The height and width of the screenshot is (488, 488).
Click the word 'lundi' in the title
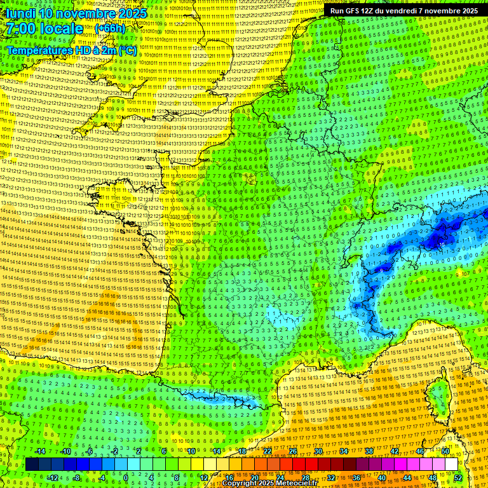coord(20,13)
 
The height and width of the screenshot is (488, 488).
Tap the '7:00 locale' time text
coord(44,29)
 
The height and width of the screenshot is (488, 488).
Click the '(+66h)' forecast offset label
coord(110,29)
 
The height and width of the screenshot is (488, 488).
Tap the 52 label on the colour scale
coord(458,477)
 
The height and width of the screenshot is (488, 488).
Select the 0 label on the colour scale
coord(126,477)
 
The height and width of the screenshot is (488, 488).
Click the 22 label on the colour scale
coord(267,451)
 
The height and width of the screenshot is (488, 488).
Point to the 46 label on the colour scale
coord(419,451)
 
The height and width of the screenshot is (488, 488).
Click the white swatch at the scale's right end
coord(451,464)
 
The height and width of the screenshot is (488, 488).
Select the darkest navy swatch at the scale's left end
coord(32,464)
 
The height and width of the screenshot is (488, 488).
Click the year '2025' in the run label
coord(470,11)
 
